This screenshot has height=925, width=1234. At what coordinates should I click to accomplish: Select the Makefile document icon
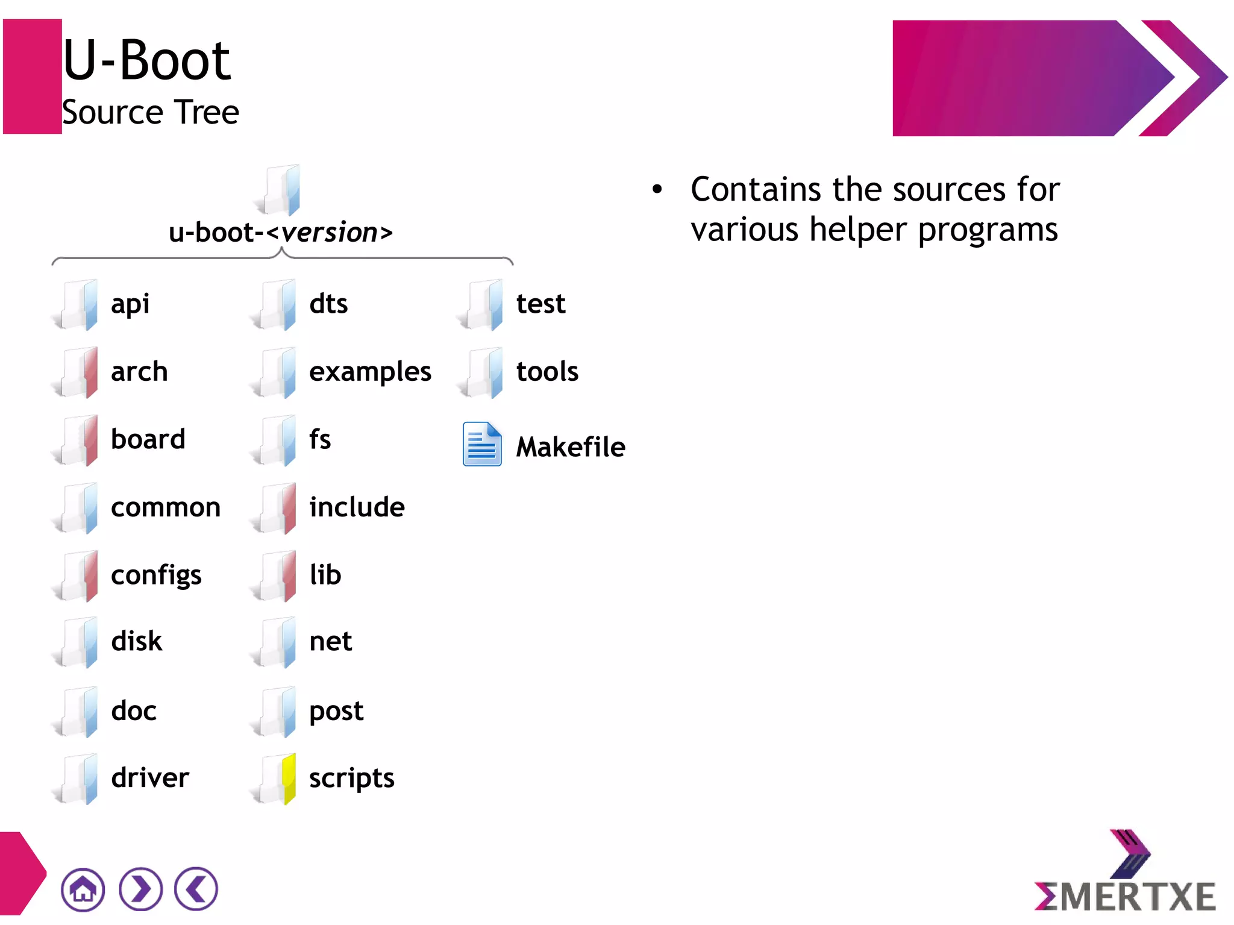[x=481, y=444]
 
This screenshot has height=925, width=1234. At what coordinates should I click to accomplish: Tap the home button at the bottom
[x=83, y=889]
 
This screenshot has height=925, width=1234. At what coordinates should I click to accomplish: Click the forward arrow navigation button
[x=140, y=889]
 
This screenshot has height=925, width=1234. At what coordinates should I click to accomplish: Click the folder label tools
[x=547, y=371]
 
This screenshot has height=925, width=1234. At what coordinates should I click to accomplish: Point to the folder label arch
[x=139, y=371]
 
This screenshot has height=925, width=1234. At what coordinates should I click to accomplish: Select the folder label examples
[x=370, y=372]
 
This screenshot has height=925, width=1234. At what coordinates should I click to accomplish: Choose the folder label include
[x=357, y=507]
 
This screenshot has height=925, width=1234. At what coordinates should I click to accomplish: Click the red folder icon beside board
[x=79, y=440]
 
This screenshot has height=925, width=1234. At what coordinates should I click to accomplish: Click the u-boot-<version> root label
[x=281, y=233]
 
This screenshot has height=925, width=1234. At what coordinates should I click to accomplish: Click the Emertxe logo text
[x=1125, y=895]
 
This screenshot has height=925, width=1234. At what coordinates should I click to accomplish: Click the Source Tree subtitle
[x=151, y=113]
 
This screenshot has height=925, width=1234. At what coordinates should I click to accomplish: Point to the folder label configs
[x=156, y=575]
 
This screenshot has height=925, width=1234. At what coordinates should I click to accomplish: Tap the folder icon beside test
[x=484, y=304]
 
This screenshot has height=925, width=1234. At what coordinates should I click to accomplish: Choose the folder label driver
[x=150, y=778]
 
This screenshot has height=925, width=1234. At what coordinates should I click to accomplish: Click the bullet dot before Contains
[x=657, y=190]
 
